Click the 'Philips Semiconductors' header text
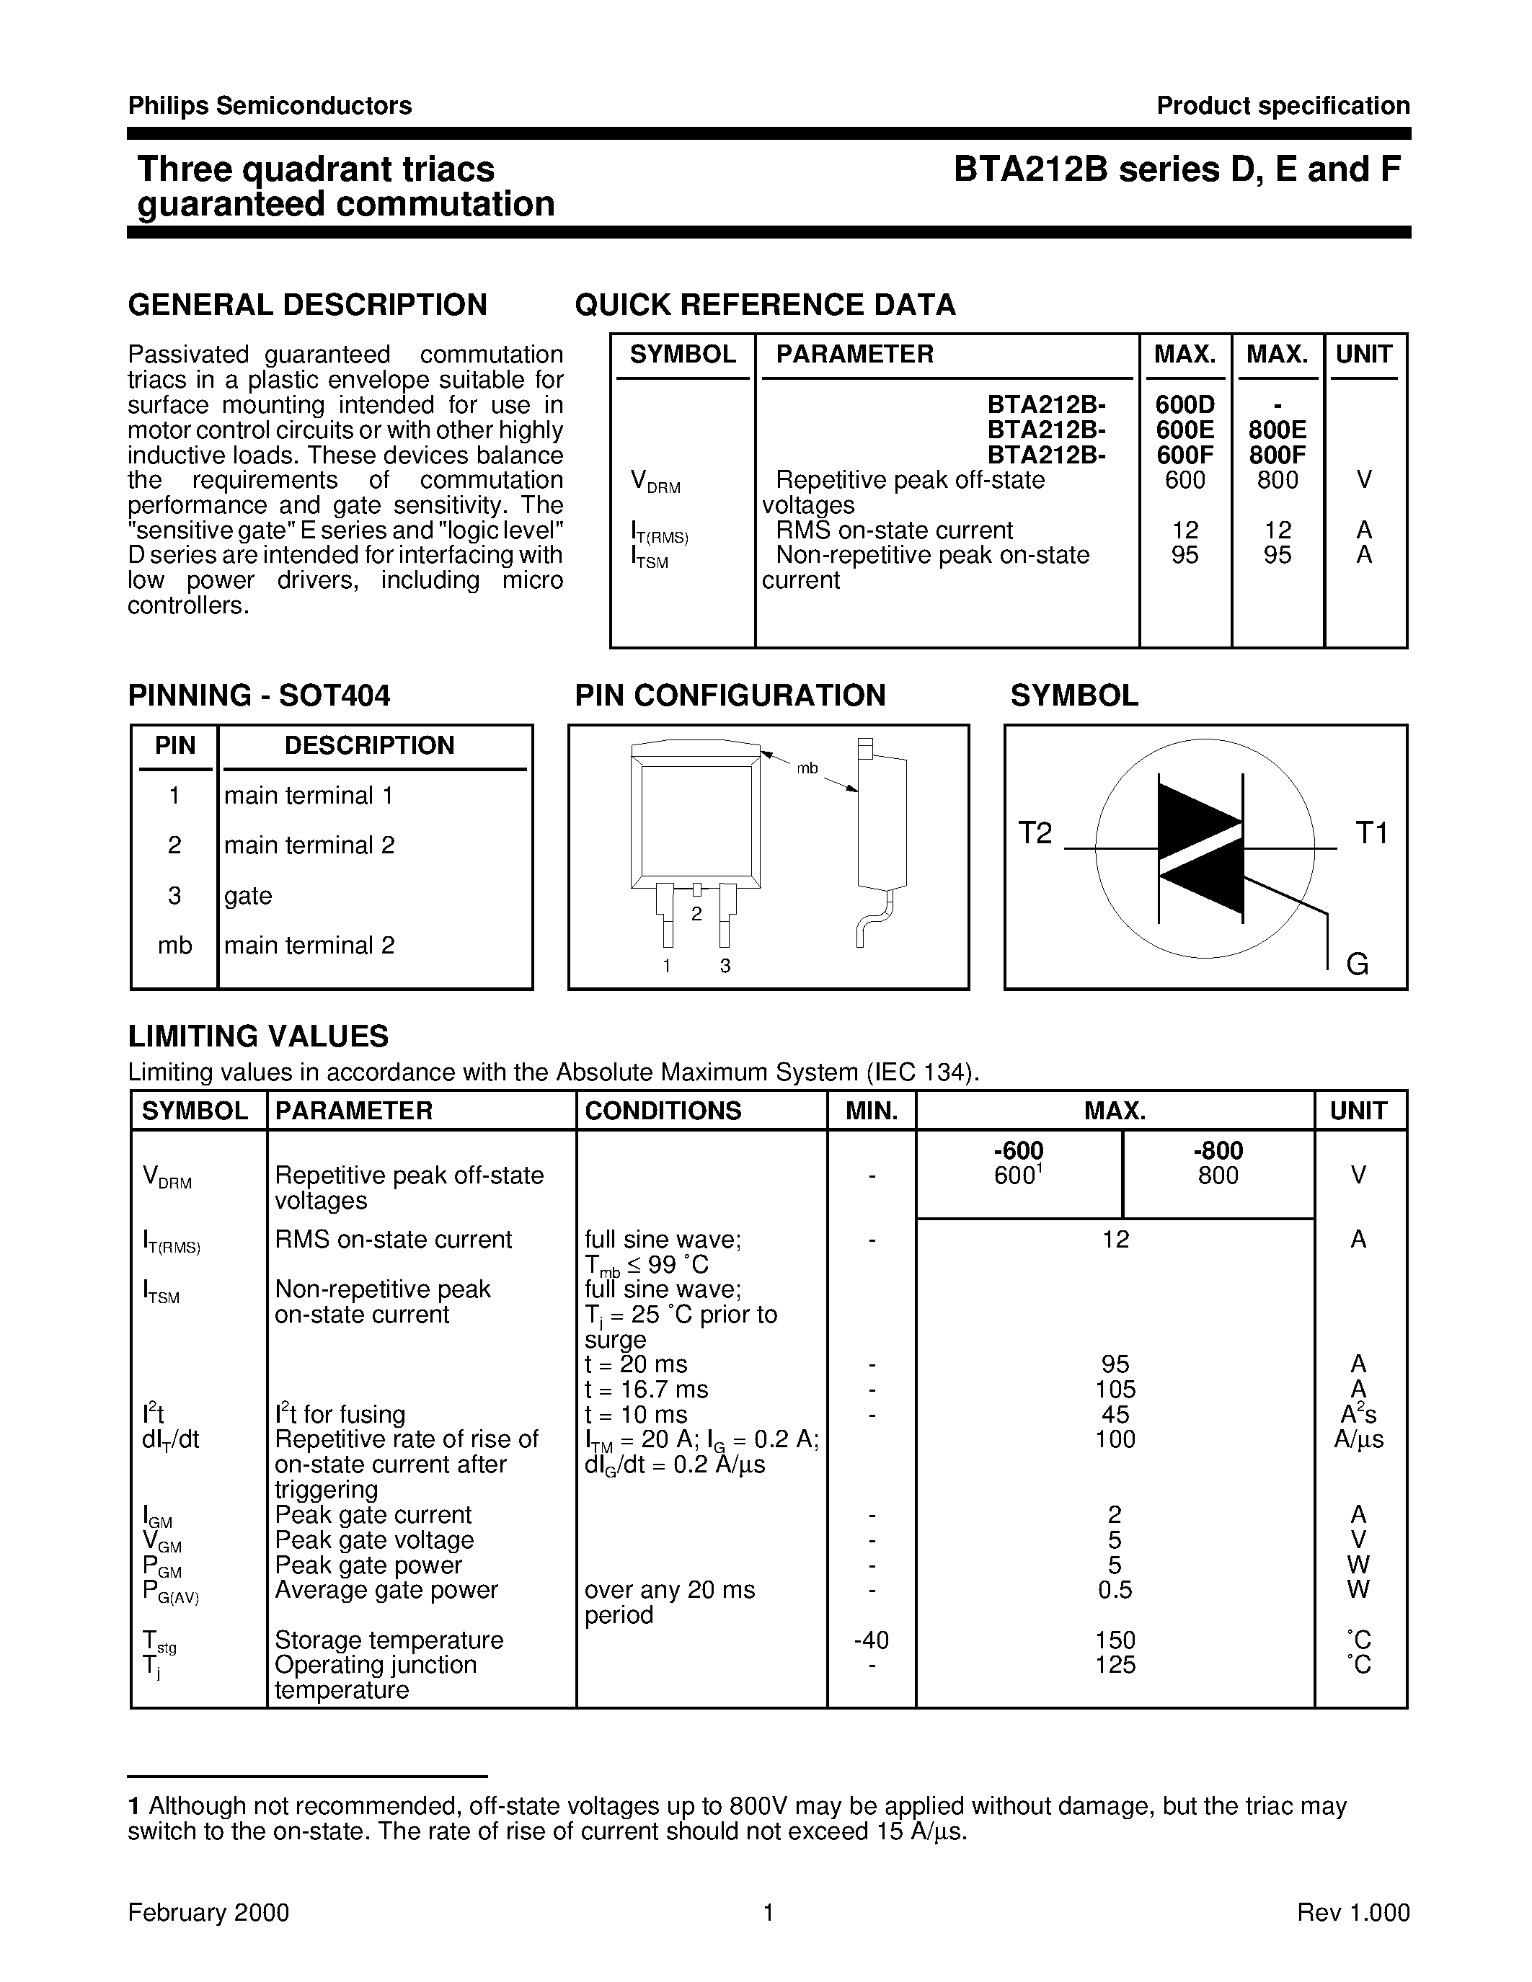[270, 106]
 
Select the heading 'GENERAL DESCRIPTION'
[308, 305]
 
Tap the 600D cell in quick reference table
[1185, 405]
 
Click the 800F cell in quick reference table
[1277, 455]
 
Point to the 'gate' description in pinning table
[248, 896]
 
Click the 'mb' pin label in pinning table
[174, 946]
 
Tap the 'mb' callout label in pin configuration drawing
[807, 769]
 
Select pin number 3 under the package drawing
[725, 966]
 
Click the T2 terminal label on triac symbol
[1035, 833]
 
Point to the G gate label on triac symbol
[1357, 964]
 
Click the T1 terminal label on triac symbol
[1371, 833]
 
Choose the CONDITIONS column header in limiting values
[663, 1111]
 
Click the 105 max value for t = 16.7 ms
[1115, 1390]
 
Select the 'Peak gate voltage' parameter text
[374, 1540]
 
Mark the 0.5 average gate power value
[1115, 1590]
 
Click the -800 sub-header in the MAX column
[1217, 1151]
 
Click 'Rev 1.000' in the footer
[1353, 1913]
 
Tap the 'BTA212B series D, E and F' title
[1177, 169]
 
